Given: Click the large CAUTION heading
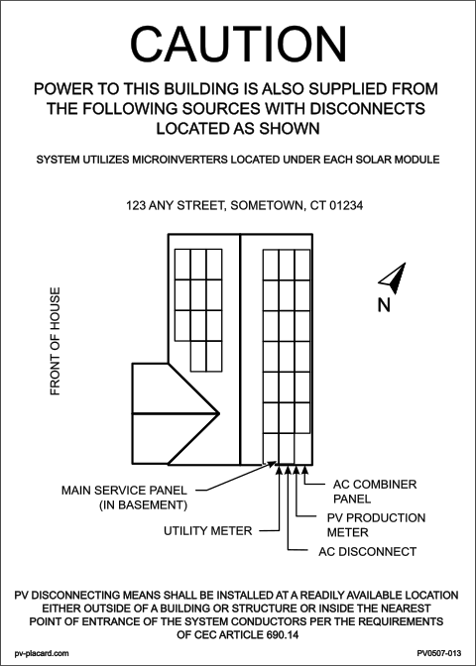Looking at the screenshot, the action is click(x=238, y=45).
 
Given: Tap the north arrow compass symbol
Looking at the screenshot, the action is click(x=393, y=278).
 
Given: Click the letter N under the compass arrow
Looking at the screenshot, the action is click(x=384, y=305).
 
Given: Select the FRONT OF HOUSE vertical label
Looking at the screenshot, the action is click(x=56, y=342).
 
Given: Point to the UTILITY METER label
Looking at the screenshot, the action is click(x=208, y=531).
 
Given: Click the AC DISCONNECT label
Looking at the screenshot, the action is click(x=368, y=551).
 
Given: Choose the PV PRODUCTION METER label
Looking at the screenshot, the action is click(x=376, y=525).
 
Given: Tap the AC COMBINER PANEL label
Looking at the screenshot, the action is click(x=375, y=492).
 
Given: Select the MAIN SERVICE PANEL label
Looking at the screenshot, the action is click(x=124, y=491).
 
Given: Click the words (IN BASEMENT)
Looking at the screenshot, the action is click(x=143, y=505).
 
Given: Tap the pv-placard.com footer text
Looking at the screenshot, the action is click(x=42, y=653).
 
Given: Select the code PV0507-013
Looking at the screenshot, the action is click(x=439, y=653).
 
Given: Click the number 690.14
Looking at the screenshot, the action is click(x=282, y=635).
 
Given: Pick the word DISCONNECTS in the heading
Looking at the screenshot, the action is click(x=368, y=108).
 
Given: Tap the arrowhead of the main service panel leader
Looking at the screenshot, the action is click(x=271, y=464).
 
